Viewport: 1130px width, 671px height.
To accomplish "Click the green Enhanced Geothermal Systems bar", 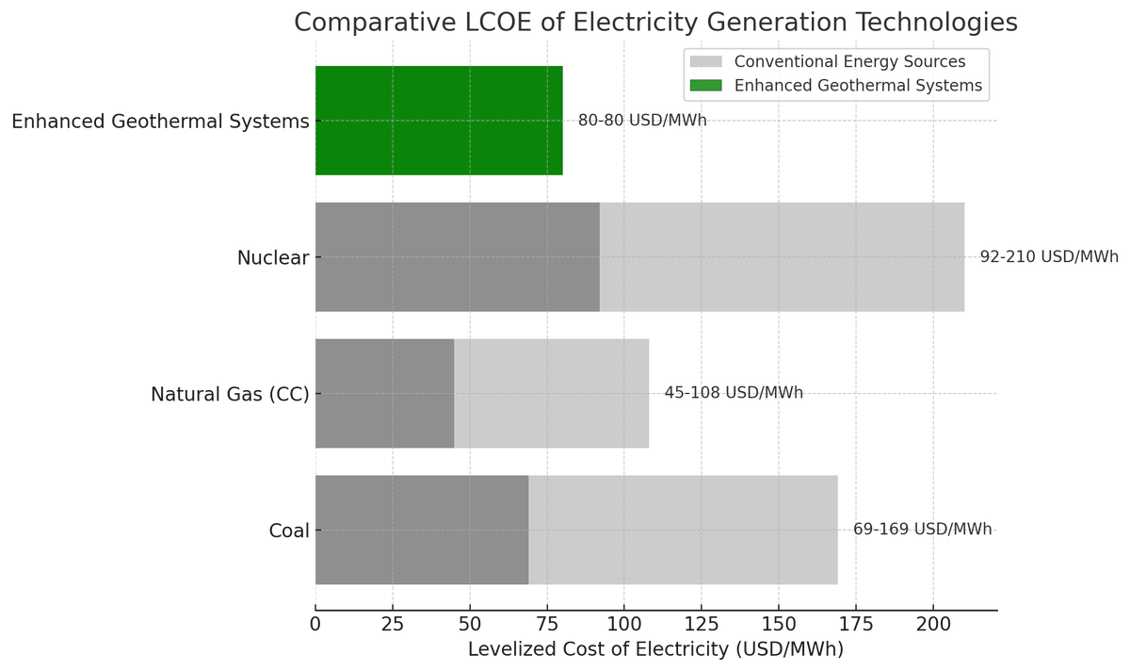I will [x=439, y=121].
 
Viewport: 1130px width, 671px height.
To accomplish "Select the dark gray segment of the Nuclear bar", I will [x=457, y=257].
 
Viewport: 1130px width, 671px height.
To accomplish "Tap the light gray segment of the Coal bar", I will [x=683, y=530].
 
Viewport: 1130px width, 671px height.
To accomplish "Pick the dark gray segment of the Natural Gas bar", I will [x=384, y=393].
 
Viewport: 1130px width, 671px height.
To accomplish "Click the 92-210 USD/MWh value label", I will [x=1049, y=257].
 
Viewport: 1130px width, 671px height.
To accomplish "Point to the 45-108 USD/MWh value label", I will [x=734, y=393].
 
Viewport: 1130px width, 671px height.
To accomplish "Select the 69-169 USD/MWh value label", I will [x=922, y=530].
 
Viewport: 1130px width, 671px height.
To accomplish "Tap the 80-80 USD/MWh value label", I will [x=642, y=121].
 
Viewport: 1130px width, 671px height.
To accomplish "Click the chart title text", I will [x=655, y=23].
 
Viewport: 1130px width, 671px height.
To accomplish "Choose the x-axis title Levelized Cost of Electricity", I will [x=655, y=649].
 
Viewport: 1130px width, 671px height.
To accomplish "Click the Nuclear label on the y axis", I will [x=273, y=258].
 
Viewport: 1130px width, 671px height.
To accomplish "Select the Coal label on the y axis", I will [x=289, y=532].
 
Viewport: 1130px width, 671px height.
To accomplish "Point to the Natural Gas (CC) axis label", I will [x=230, y=395].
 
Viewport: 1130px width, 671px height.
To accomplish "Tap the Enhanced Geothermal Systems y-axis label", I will [x=160, y=122].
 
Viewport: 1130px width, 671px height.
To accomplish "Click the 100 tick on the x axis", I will [x=624, y=624].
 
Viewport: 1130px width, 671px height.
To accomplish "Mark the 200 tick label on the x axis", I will [x=933, y=624].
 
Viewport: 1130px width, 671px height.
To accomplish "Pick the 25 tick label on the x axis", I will [x=393, y=624].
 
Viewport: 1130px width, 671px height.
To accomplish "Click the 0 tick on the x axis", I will [x=315, y=624].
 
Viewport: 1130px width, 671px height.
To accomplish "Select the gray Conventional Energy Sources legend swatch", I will [x=705, y=62].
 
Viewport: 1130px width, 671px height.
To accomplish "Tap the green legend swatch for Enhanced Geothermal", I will [x=705, y=86].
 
